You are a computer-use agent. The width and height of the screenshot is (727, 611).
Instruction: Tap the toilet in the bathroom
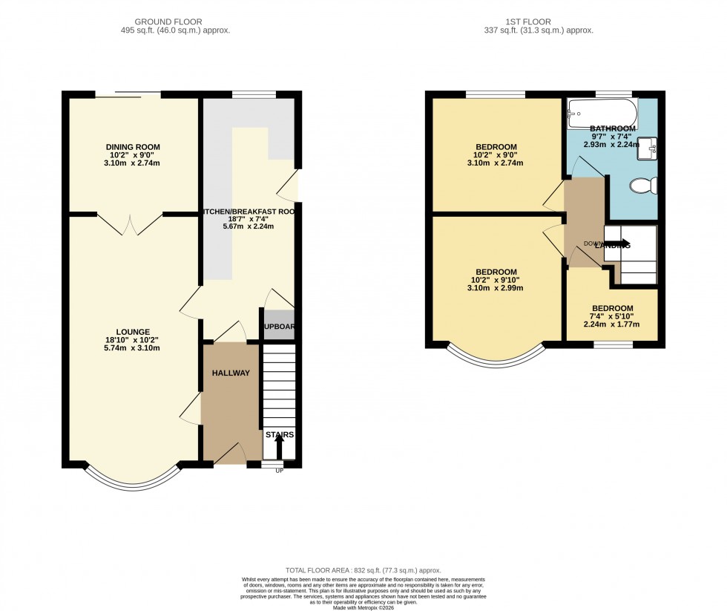tap(642, 186)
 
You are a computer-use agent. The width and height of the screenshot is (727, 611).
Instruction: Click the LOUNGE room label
tap(133, 332)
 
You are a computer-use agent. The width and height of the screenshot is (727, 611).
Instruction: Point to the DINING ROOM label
tap(133, 147)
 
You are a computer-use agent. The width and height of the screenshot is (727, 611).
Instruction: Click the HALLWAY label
tap(231, 373)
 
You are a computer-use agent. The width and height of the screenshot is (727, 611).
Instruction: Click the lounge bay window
tap(133, 479)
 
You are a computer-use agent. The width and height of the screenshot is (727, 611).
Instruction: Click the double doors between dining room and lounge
tap(130, 223)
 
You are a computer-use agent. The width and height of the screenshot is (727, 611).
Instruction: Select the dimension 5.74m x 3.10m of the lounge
tap(133, 348)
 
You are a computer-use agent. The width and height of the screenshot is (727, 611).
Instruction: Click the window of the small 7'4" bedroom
tap(612, 344)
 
